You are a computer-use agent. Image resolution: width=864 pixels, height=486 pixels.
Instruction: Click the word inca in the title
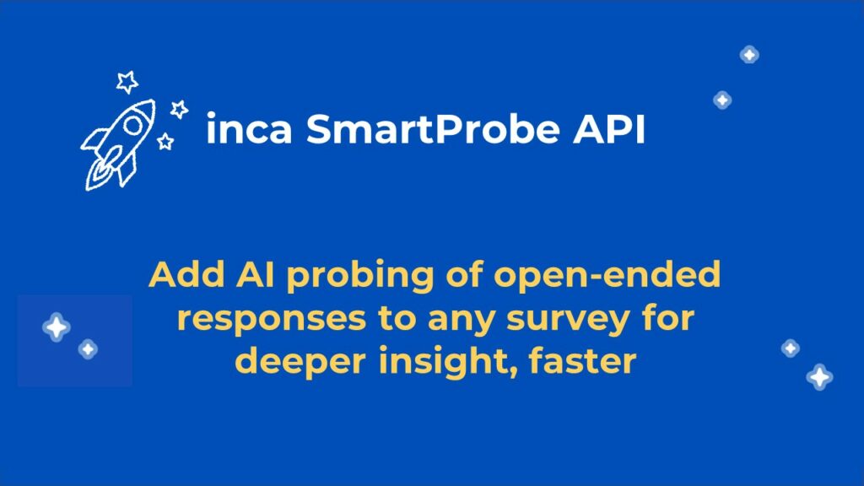pyautogui.click(x=249, y=129)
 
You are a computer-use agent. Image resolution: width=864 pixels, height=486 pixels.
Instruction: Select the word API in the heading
pyautogui.click(x=609, y=129)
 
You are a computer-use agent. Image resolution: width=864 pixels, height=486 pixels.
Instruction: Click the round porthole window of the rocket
pyautogui.click(x=132, y=125)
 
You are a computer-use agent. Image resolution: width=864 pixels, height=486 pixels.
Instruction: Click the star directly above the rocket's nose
pyautogui.click(x=127, y=82)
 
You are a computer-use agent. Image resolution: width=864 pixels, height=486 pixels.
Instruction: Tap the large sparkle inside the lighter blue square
pyautogui.click(x=57, y=327)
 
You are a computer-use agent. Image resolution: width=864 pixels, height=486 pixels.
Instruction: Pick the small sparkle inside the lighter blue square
pyautogui.click(x=88, y=348)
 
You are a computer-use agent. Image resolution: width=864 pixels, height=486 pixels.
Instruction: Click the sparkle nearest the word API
pyautogui.click(x=722, y=100)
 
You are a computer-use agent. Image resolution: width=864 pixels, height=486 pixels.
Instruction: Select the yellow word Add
pyautogui.click(x=186, y=274)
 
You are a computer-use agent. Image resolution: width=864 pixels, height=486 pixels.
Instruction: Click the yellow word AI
pyautogui.click(x=255, y=274)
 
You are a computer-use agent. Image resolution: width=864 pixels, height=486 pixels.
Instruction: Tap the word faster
pyautogui.click(x=583, y=361)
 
